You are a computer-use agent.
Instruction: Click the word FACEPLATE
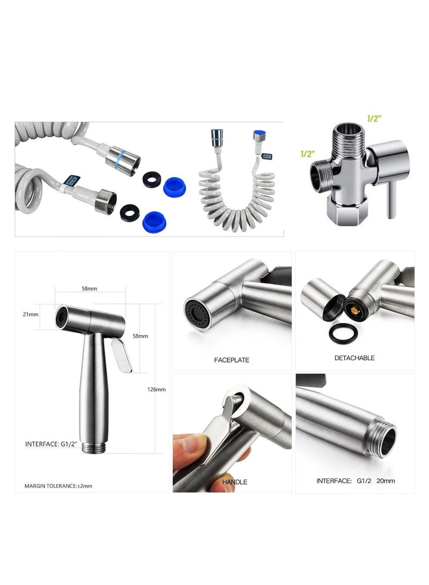pyautogui.click(x=232, y=360)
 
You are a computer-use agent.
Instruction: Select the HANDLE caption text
pyautogui.click(x=234, y=482)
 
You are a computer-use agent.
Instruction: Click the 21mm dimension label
pyautogui.click(x=31, y=314)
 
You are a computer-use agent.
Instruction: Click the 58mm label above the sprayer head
pyautogui.click(x=89, y=288)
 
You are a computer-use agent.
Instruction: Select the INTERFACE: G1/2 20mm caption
pyautogui.click(x=356, y=481)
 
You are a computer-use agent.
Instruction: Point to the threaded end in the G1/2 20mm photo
pyautogui.click(x=383, y=436)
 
